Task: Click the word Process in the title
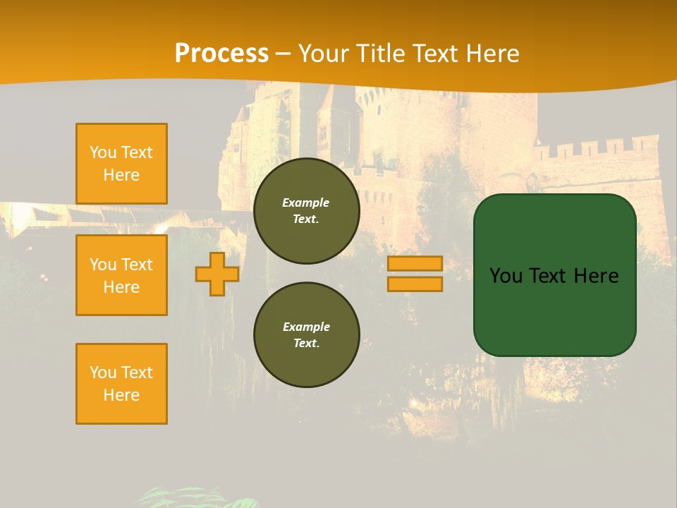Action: click(x=221, y=54)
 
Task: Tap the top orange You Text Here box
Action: click(x=121, y=164)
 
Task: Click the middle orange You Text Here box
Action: click(x=121, y=275)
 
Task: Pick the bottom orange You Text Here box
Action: click(x=121, y=383)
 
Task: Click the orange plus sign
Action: click(x=217, y=274)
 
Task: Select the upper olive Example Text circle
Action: click(x=307, y=211)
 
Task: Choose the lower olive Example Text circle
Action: click(x=307, y=335)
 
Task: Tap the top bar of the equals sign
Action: click(x=415, y=264)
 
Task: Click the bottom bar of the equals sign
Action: click(x=415, y=284)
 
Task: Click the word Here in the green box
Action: click(x=596, y=276)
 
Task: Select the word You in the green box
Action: click(x=505, y=276)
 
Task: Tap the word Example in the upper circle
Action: click(x=306, y=202)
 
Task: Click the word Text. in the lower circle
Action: click(x=306, y=344)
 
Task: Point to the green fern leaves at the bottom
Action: click(x=197, y=497)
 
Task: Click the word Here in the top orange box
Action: click(x=121, y=175)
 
